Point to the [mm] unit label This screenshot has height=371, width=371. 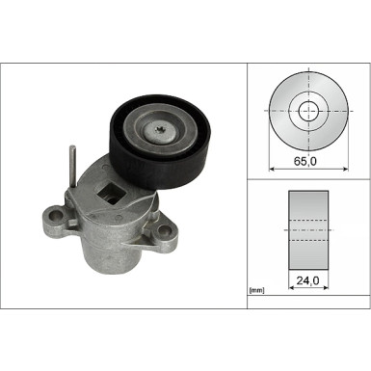coord(256,288)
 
